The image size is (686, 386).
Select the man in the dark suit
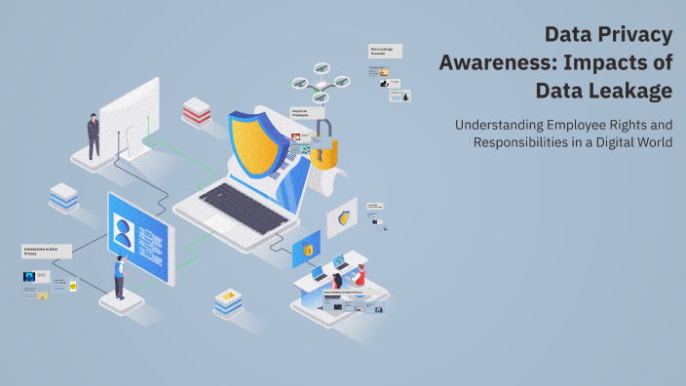pyautogui.click(x=94, y=135)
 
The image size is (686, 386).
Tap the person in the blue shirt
pyautogui.click(x=119, y=277)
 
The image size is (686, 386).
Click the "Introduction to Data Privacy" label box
pyautogui.click(x=47, y=251)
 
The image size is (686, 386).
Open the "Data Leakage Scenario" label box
pyautogui.click(x=385, y=51)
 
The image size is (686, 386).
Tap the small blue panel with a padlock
pyautogui.click(x=306, y=249)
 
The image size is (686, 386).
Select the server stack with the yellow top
pyautogui.click(x=227, y=303)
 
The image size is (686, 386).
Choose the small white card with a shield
pyautogui.click(x=342, y=217)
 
